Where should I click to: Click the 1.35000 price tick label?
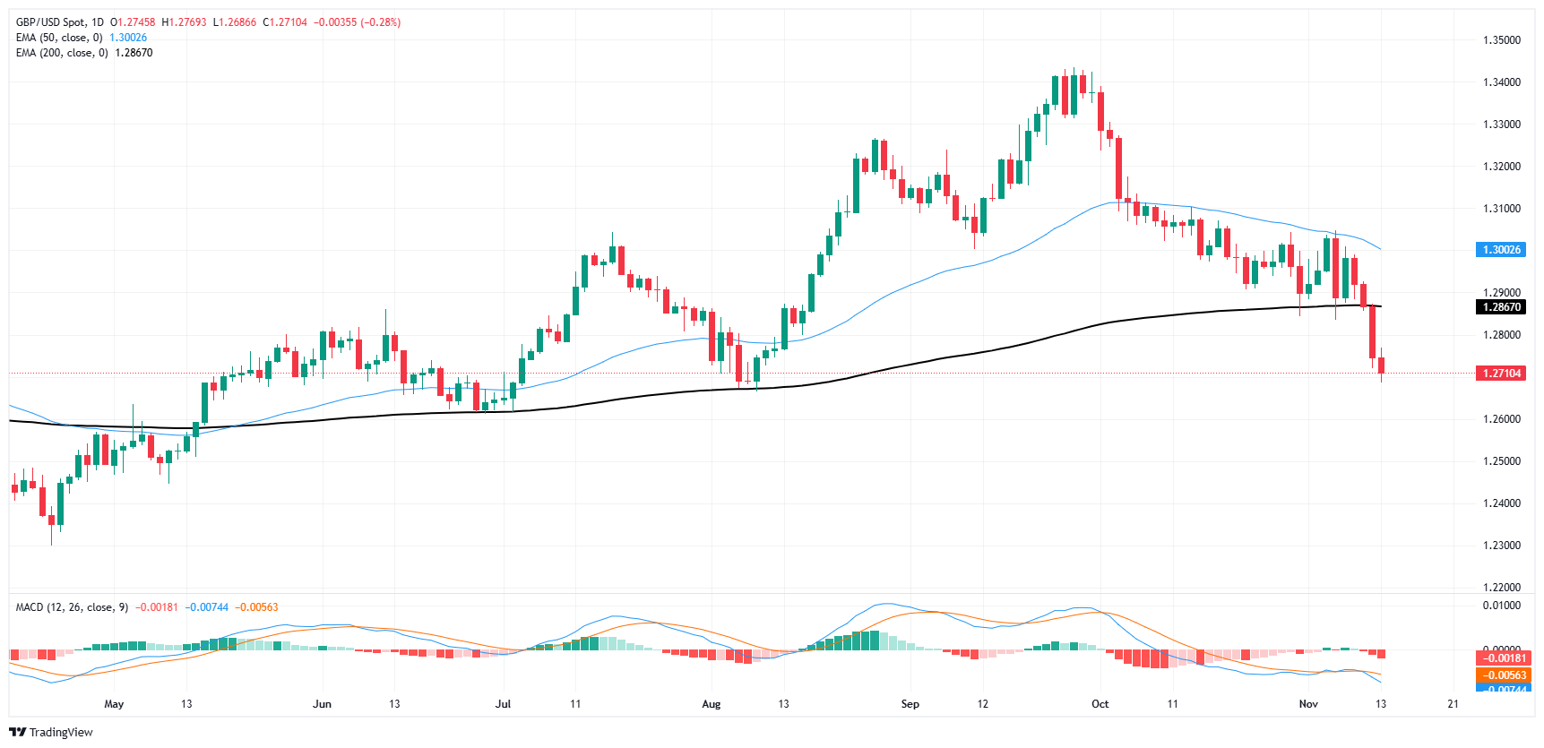point(1501,40)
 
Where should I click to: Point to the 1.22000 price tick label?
point(1501,588)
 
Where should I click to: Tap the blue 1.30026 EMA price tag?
point(1500,250)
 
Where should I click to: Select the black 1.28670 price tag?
point(1500,307)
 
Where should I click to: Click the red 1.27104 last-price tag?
point(1500,374)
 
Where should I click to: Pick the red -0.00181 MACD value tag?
point(1500,658)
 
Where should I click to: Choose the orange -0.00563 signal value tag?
point(1500,675)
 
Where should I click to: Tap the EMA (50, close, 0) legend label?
point(59,38)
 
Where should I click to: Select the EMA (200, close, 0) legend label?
point(62,53)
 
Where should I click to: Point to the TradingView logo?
point(51,732)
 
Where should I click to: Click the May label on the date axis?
point(114,704)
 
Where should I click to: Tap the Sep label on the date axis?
point(910,704)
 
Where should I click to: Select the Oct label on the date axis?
point(1100,704)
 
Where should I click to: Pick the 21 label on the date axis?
point(1453,704)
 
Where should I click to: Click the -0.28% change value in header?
point(382,22)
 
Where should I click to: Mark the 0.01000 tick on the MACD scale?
point(1501,606)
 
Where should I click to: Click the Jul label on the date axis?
point(503,704)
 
